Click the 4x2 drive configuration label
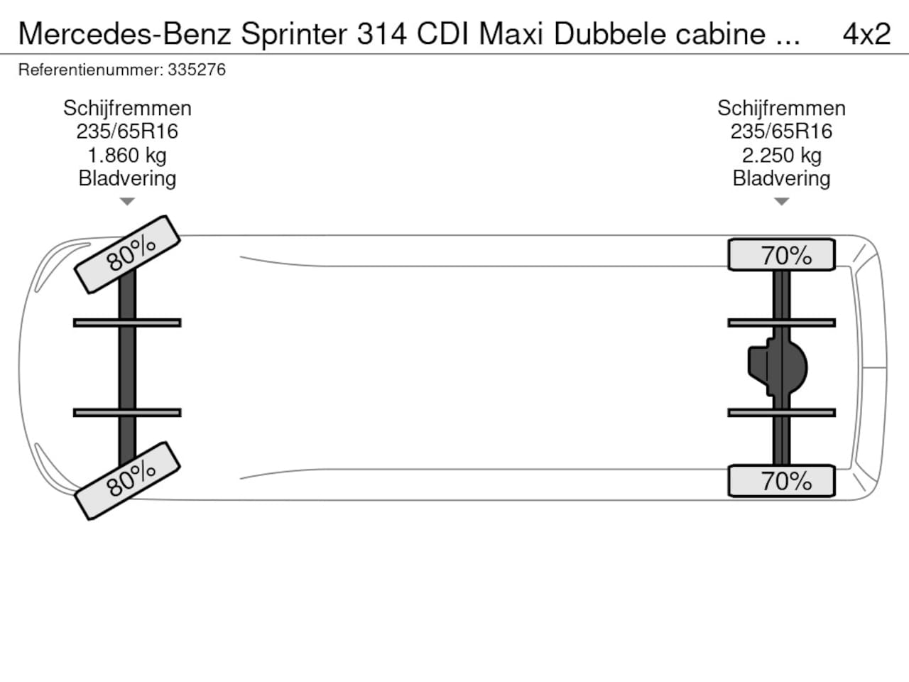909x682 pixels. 866,33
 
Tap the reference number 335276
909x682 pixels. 197,70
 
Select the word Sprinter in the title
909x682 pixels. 294,33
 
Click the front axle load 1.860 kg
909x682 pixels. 127,155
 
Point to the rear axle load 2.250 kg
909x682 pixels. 781,155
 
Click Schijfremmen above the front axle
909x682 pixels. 127,108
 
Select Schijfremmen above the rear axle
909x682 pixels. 781,108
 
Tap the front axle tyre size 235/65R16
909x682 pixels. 127,131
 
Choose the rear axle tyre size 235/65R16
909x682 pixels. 781,131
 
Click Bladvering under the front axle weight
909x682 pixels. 127,178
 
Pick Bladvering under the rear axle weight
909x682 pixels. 781,178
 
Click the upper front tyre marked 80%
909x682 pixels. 128,254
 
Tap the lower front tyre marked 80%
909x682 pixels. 128,480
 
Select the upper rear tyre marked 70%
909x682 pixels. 782,255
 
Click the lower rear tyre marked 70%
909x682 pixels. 782,481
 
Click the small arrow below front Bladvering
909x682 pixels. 127,202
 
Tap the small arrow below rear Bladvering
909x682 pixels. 781,202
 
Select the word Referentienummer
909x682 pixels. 90,70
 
